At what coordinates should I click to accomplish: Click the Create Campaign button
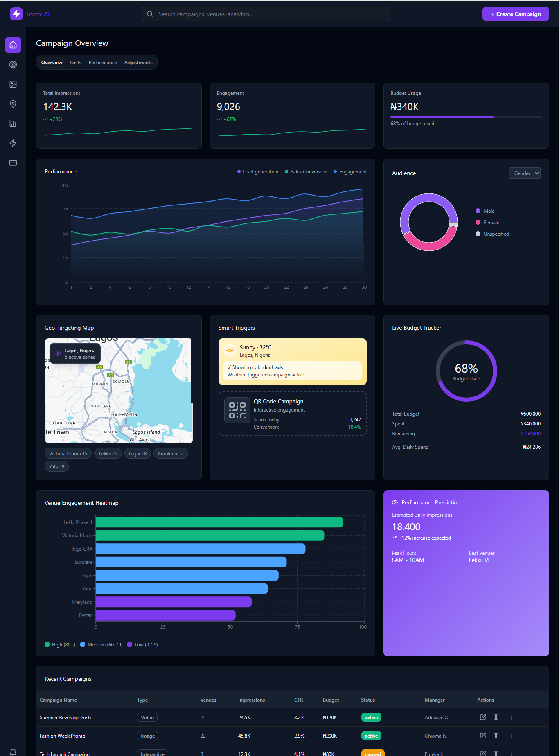click(515, 14)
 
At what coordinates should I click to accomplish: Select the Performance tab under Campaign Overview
click(103, 63)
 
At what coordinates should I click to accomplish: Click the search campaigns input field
click(266, 14)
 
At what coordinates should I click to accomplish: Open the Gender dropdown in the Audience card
click(524, 173)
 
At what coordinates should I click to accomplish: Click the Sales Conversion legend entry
click(309, 172)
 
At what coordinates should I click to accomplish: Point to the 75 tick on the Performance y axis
click(65, 209)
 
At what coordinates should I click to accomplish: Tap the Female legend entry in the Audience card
click(491, 223)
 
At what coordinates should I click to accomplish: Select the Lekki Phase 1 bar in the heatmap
click(219, 522)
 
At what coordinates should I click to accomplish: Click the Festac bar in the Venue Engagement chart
click(165, 615)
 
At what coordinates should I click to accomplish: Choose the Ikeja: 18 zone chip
click(137, 453)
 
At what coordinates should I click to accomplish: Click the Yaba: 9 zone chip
click(56, 466)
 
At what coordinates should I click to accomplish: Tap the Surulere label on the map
click(101, 406)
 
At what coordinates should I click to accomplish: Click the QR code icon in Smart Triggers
click(237, 410)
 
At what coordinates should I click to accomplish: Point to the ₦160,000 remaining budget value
click(530, 434)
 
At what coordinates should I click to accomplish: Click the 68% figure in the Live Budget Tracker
click(466, 369)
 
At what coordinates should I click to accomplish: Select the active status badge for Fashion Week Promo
click(371, 736)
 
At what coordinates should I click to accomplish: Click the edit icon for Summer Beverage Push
click(483, 717)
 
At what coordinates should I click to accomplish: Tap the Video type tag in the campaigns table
click(147, 717)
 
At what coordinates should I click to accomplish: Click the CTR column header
click(298, 700)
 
